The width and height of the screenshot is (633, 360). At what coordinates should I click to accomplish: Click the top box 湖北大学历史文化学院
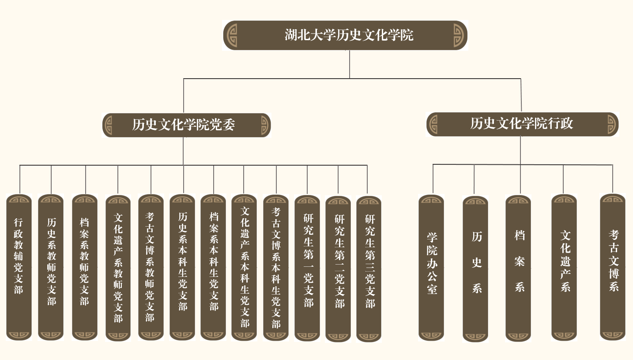tap(345, 35)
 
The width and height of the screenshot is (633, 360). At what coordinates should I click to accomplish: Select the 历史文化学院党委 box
tap(186, 125)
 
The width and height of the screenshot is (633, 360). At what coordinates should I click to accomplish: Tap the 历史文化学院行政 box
tap(522, 124)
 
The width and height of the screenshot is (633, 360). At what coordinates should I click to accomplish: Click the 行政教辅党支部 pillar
tap(19, 267)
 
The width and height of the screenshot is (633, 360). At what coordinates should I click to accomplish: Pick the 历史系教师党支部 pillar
tap(51, 267)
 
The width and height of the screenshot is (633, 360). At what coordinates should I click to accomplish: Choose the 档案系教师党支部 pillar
tap(85, 267)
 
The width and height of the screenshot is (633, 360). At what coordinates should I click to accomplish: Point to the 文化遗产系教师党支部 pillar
tap(118, 268)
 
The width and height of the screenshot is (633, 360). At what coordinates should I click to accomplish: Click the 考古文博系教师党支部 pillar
tap(151, 267)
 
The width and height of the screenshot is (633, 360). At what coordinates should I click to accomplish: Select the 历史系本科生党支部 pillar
tap(183, 267)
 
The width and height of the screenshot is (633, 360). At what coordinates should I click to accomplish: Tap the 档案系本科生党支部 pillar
tap(214, 267)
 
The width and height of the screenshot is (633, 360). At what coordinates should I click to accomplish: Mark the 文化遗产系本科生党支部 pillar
tap(244, 268)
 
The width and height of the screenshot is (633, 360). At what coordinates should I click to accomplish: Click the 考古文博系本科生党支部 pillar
tap(276, 268)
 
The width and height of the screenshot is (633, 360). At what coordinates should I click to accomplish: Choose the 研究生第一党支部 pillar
tap(308, 268)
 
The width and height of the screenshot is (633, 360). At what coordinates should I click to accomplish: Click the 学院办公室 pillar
tap(431, 268)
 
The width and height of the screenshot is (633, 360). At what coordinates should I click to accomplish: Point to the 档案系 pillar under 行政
tap(519, 268)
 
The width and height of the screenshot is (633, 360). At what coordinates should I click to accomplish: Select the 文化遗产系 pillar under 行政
tap(565, 268)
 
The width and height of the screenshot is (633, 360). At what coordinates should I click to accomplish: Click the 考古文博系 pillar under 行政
tap(613, 267)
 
